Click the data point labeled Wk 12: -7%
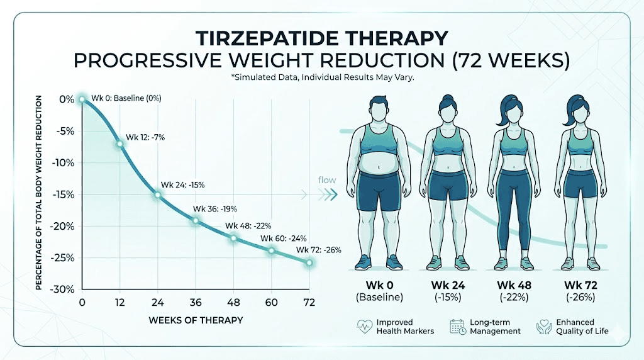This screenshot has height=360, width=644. click(119, 144)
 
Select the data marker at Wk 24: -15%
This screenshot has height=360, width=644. click(158, 195)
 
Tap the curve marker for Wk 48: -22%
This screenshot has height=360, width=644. click(233, 238)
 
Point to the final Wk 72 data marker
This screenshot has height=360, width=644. click(309, 262)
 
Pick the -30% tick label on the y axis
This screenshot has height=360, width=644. click(65, 290)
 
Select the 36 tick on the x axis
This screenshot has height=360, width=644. click(196, 302)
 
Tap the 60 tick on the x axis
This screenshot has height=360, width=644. click(271, 302)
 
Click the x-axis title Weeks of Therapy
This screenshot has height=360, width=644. click(196, 320)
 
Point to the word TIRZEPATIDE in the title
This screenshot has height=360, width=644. click(264, 39)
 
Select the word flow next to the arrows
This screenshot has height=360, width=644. click(327, 180)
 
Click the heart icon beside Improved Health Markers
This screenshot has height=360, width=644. click(364, 326)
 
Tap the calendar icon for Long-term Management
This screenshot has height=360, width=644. click(457, 326)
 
